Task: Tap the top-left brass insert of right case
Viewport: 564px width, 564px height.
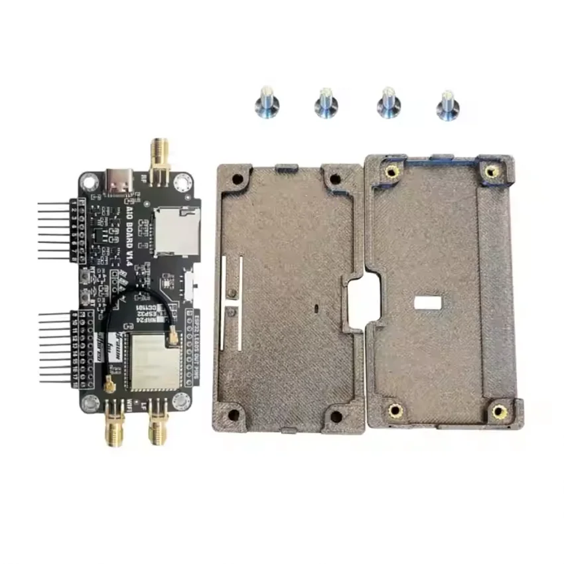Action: [x=391, y=172]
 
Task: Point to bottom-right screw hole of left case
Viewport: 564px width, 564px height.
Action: [x=336, y=417]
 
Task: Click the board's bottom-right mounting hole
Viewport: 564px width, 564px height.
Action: [x=180, y=400]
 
